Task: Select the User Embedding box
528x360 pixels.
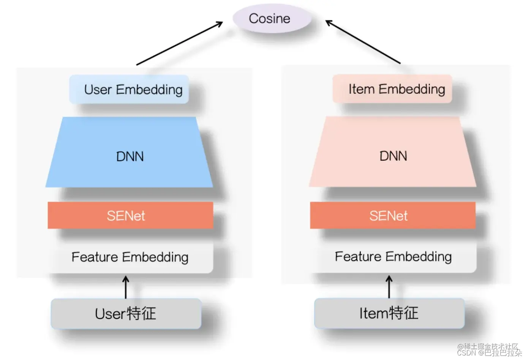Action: [129, 90]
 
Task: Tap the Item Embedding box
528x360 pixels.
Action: [392, 89]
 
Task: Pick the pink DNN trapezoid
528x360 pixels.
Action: [392, 155]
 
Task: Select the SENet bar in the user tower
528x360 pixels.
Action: [130, 215]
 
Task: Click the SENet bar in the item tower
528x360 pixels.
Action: [392, 215]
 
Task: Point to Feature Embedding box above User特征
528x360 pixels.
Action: [130, 257]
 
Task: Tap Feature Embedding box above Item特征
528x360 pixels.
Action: [393, 257]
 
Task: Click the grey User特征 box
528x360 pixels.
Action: [126, 314]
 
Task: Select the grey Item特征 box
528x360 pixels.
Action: [389, 313]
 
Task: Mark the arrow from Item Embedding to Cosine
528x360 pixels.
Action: [363, 42]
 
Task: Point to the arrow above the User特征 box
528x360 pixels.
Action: [126, 287]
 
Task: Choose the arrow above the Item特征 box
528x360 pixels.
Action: [389, 287]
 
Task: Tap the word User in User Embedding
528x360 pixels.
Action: [98, 90]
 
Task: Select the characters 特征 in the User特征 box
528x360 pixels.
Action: [141, 314]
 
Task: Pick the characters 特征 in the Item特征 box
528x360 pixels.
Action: [404, 313]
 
